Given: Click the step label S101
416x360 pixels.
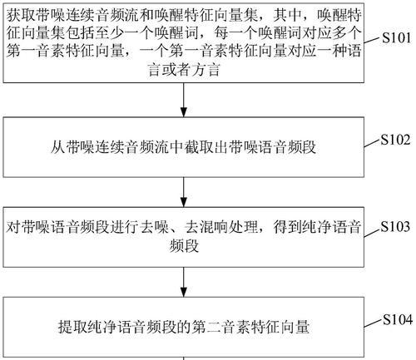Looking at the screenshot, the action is pos(396,37).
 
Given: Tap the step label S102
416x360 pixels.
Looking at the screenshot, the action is pos(395,140).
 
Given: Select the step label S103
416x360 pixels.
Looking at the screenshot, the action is pos(395,226).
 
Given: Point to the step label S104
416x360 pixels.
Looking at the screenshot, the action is pos(398,319).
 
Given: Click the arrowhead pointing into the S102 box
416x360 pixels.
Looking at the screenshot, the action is pos(184,111).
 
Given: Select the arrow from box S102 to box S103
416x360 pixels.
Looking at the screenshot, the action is pos(184,192).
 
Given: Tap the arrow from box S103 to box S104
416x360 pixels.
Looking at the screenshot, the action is pos(184,282).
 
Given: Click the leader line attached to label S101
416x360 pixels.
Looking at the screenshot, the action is pos(372,40).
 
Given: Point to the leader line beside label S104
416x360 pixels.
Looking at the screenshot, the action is pos(373,323).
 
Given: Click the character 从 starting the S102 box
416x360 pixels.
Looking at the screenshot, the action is pos(57,147).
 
